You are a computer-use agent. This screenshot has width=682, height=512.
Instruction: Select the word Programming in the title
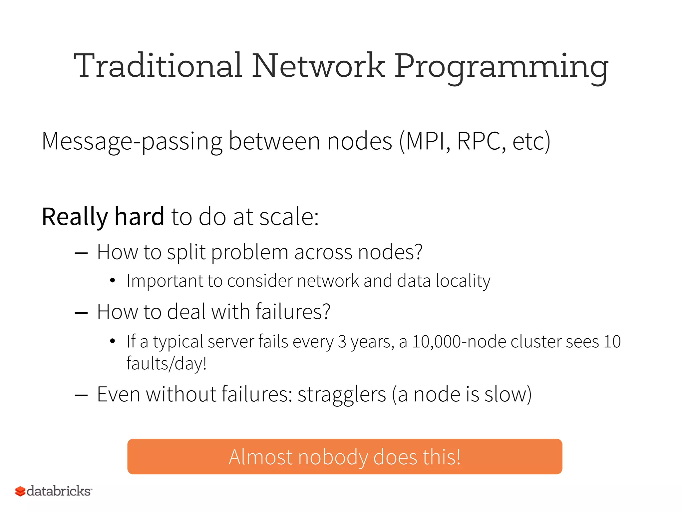tap(502, 67)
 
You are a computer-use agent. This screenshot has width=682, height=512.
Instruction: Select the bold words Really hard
tap(103, 217)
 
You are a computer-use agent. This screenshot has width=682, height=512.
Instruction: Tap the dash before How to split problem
tap(81, 253)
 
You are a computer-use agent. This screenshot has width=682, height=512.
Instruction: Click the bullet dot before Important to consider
tap(113, 281)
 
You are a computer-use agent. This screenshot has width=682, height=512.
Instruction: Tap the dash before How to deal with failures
tap(81, 313)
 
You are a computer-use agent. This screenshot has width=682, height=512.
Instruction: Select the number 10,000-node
tap(459, 342)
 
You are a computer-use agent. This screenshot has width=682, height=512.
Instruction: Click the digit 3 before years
tap(342, 342)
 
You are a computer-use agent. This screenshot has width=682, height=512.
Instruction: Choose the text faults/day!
tap(167, 364)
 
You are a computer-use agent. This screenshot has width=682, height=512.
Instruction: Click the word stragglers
tap(342, 395)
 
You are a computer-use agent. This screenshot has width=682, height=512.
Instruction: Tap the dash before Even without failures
tap(81, 395)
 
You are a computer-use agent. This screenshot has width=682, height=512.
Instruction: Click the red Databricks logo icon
tap(20, 491)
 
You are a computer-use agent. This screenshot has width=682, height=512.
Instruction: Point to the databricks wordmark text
tap(59, 491)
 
